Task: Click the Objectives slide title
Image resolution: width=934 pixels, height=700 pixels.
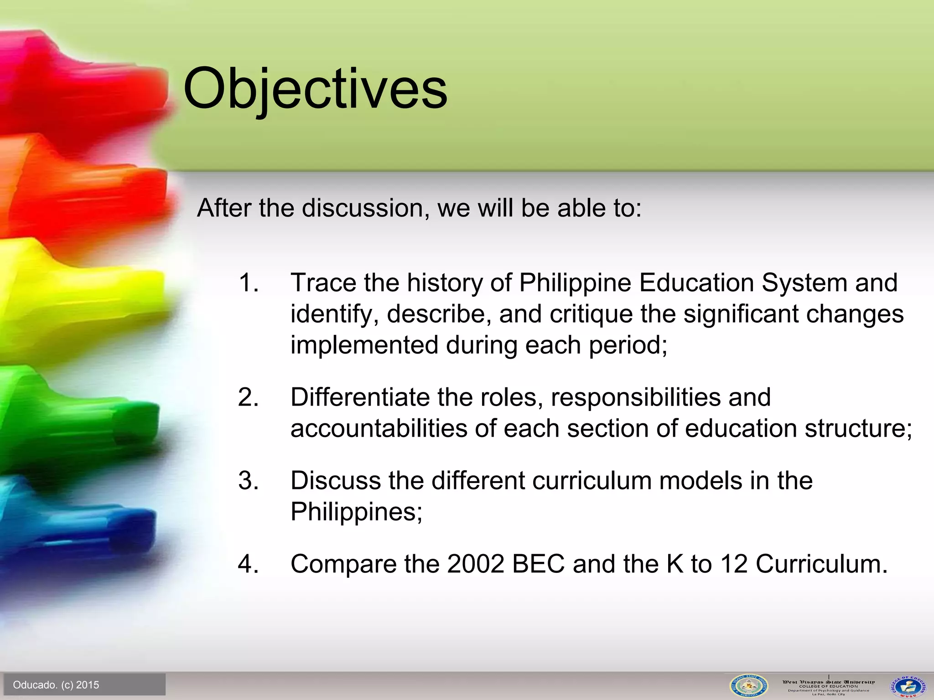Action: pyautogui.click(x=315, y=89)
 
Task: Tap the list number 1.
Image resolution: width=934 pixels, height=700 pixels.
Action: pyautogui.click(x=249, y=283)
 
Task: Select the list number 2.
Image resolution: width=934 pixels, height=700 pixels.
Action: pyautogui.click(x=249, y=397)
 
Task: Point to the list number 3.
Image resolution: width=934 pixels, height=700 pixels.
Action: pyautogui.click(x=249, y=481)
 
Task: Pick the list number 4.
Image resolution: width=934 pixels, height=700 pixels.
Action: pyautogui.click(x=249, y=564)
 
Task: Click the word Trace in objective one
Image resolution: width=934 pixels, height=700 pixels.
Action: pyautogui.click(x=323, y=283)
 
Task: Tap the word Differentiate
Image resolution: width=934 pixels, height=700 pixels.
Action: pyautogui.click(x=360, y=397)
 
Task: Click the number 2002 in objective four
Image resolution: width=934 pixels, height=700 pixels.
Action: pyautogui.click(x=476, y=564)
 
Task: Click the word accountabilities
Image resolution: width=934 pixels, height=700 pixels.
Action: pyautogui.click(x=379, y=429)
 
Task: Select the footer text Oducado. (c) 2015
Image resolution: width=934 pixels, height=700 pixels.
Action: pyautogui.click(x=56, y=685)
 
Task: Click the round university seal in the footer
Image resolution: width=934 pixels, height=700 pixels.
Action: pyautogui.click(x=748, y=686)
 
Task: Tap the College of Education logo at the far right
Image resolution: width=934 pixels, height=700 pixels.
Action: pyautogui.click(x=908, y=686)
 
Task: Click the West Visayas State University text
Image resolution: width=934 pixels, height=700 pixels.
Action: pyautogui.click(x=829, y=682)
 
